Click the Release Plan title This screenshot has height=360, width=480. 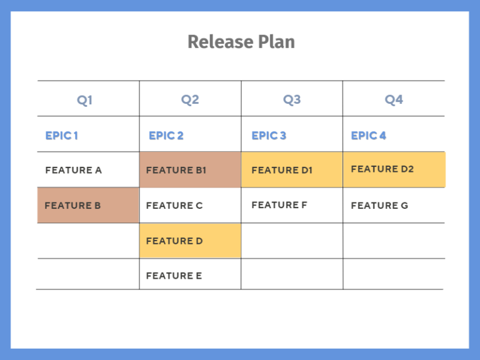point(241,42)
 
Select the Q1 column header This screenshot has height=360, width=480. point(85,100)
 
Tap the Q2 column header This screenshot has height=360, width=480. point(190,100)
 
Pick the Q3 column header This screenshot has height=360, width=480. point(292,100)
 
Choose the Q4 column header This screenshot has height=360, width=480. point(394,100)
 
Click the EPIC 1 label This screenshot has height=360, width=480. point(61,136)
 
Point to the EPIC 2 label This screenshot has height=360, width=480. point(166,136)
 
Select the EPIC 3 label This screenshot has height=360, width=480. point(269,136)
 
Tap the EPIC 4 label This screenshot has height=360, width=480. point(369,136)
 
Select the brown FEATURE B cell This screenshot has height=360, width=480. point(87,205)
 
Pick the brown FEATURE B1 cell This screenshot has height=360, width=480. point(190,169)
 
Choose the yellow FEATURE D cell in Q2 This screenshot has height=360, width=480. point(190,241)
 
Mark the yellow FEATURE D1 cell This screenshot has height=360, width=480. point(292,169)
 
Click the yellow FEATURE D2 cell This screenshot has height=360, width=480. point(394,169)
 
